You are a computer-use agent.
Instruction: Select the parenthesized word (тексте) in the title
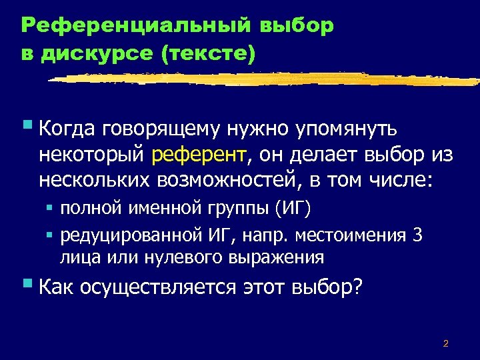pyautogui.click(x=207, y=54)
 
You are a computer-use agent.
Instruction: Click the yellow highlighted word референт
pyautogui.click(x=199, y=155)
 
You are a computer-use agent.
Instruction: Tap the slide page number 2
pyautogui.click(x=445, y=345)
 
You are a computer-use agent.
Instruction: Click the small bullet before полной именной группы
pyautogui.click(x=49, y=208)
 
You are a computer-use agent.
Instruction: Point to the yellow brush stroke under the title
pyautogui.click(x=267, y=79)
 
